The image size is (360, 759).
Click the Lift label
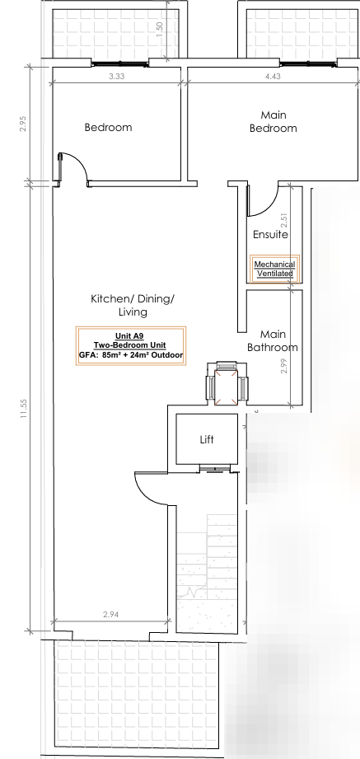pyautogui.click(x=207, y=439)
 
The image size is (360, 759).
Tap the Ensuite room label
pyautogui.click(x=270, y=235)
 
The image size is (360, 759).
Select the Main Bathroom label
pyautogui.click(x=273, y=341)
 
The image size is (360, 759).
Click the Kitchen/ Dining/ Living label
pyautogui.click(x=133, y=306)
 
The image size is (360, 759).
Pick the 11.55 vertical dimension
pyautogui.click(x=24, y=409)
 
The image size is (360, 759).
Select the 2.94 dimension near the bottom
pyautogui.click(x=111, y=615)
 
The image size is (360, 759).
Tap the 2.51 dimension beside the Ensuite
pyautogui.click(x=284, y=221)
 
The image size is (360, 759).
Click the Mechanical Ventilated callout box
pyautogui.click(x=274, y=269)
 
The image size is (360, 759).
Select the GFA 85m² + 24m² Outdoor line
pyautogui.click(x=131, y=356)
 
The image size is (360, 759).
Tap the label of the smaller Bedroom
pyautogui.click(x=108, y=127)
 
